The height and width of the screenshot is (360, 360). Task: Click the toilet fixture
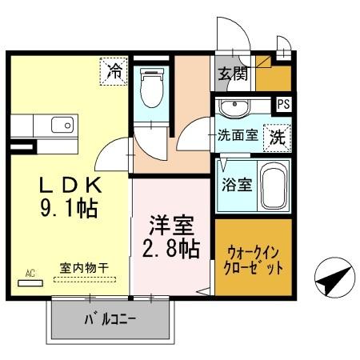150,90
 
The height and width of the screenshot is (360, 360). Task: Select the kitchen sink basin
61,125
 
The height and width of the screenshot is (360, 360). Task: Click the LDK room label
71,185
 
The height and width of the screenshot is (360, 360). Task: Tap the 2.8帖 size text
171,248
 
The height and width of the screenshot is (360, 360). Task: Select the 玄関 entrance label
232,74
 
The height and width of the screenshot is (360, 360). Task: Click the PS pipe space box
282,103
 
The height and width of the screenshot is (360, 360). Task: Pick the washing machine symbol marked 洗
276,136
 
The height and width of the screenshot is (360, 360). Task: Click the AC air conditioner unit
30,282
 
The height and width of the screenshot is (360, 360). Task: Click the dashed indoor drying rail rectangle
84,279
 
